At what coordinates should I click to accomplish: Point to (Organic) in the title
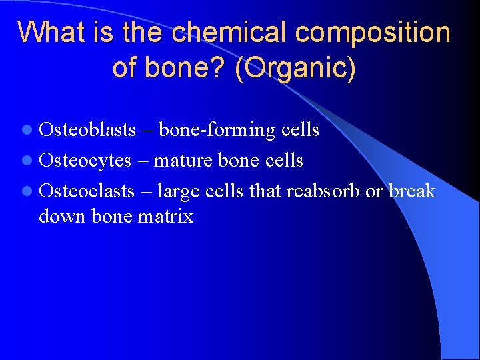[x=295, y=68]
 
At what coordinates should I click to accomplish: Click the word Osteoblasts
[x=87, y=129]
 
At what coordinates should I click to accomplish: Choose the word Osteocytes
[x=85, y=161]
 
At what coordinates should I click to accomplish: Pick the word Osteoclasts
[x=87, y=191]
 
